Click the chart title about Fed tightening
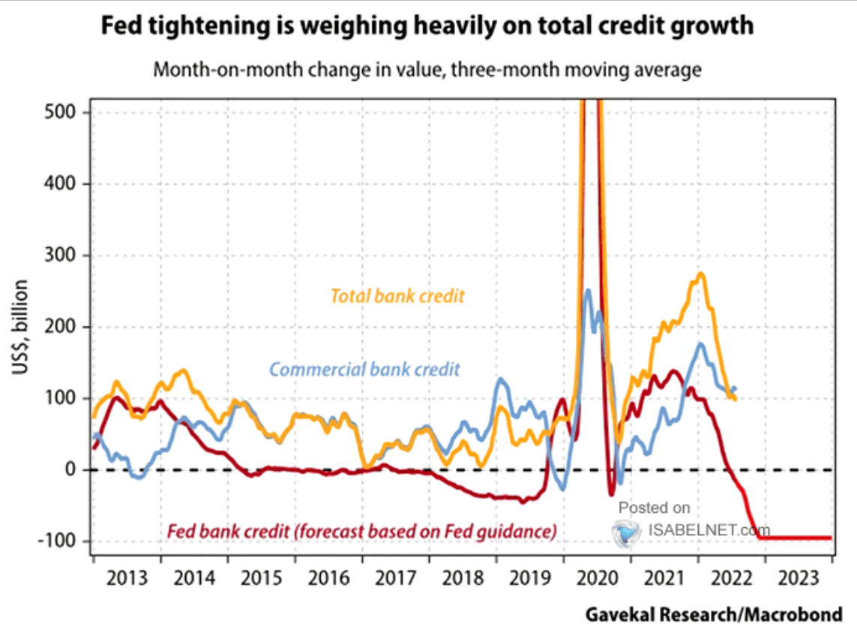(427, 26)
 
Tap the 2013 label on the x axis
(127, 579)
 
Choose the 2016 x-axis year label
(328, 579)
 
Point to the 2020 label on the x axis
(596, 579)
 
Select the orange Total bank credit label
(397, 295)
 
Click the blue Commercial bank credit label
(364, 369)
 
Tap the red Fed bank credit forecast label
(361, 532)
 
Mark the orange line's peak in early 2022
(700, 274)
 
